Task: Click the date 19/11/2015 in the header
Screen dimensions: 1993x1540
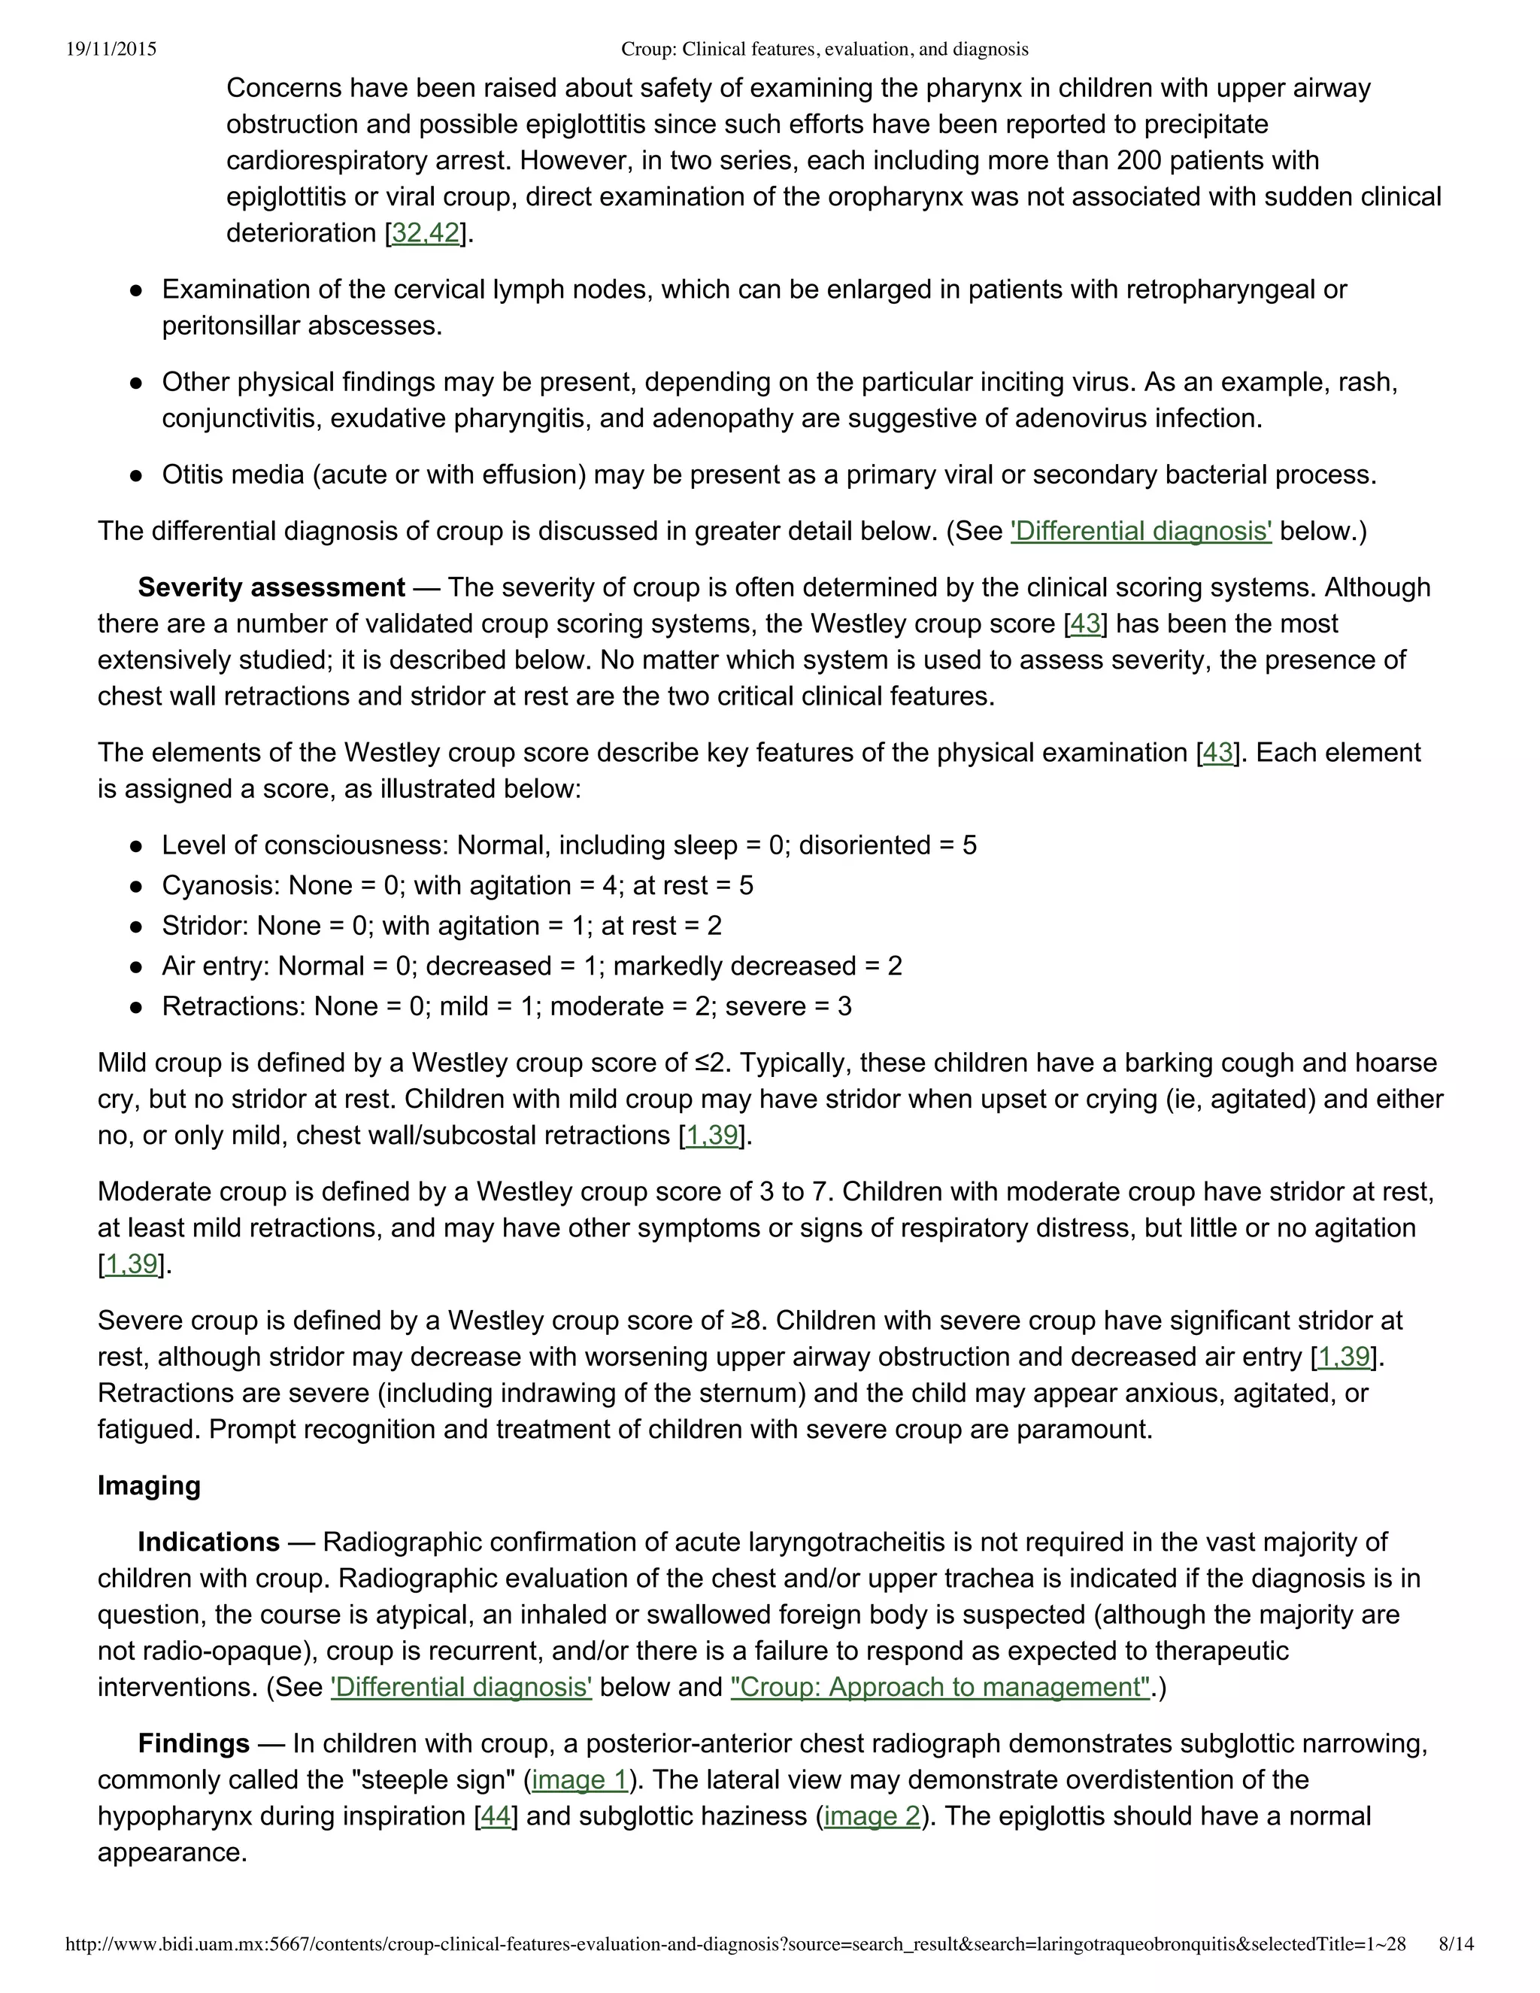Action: click(111, 50)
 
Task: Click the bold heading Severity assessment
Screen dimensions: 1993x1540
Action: click(271, 587)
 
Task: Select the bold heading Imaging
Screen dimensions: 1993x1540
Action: click(149, 1485)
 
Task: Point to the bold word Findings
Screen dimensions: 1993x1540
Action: click(193, 1743)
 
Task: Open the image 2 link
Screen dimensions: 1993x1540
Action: click(872, 1816)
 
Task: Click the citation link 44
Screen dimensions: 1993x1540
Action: click(496, 1816)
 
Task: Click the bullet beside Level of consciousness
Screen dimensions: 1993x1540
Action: click(136, 846)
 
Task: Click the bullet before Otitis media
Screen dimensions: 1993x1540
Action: click(136, 475)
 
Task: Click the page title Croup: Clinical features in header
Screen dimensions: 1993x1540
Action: click(824, 50)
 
